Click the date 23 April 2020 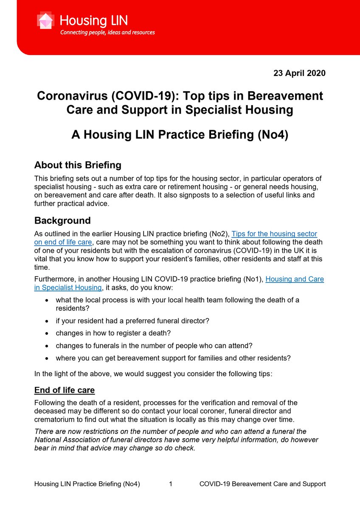pos(300,73)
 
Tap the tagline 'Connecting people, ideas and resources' pos(107,32)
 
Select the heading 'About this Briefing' pos(78,165)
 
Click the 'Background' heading pos(62,221)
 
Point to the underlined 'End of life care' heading pos(65,390)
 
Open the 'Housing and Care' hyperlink pos(295,279)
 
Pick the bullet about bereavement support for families pos(173,358)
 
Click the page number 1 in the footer pos(170,484)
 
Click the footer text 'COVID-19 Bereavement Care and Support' pos(262,484)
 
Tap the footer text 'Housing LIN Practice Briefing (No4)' pos(87,484)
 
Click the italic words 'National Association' pos(67,440)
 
